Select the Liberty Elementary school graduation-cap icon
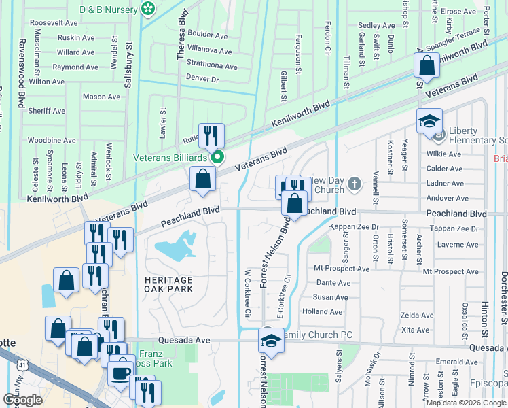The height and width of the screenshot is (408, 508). pos(429,122)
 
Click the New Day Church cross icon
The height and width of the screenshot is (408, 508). pos(354,184)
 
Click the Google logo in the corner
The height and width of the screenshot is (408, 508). pos(22,400)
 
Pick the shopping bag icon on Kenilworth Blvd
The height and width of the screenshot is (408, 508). pos(427,66)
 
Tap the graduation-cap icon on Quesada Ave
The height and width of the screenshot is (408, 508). pos(271,340)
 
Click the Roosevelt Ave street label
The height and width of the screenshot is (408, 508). pos(54,22)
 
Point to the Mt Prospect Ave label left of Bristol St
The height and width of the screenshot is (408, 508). pos(342,269)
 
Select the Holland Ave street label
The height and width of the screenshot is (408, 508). pos(322,311)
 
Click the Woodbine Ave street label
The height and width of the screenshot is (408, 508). pos(52,140)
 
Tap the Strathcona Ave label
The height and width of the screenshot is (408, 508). pos(211,67)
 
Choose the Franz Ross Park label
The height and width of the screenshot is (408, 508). pos(158,359)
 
